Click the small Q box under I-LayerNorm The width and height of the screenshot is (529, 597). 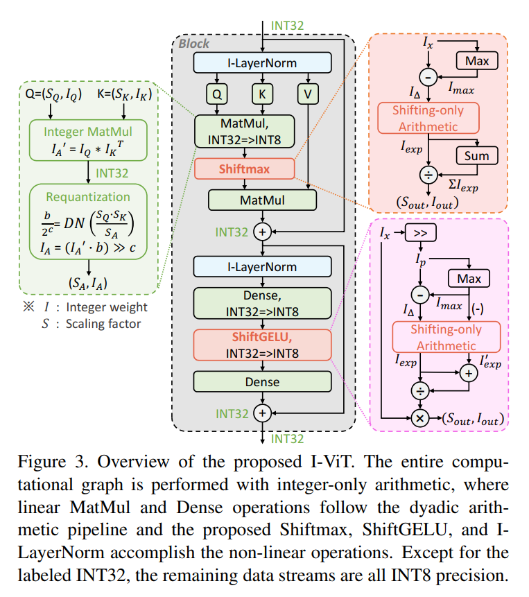pos(216,92)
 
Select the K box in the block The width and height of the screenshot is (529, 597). pos(262,92)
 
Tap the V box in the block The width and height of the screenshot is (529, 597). pos(308,92)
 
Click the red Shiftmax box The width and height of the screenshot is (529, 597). pos(245,168)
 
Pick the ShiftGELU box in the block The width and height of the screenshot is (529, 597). pos(262,345)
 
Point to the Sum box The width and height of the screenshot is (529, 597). pos(476,155)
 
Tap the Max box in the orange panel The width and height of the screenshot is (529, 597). pos(476,62)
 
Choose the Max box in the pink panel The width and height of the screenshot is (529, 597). pos(469,279)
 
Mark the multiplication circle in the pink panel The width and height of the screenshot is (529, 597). pos(419,418)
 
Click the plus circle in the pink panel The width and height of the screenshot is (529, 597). pos(470,374)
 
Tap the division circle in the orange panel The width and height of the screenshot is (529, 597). pos(428,173)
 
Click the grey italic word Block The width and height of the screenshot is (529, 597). pos(194,44)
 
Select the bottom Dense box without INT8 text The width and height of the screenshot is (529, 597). pos(262,381)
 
